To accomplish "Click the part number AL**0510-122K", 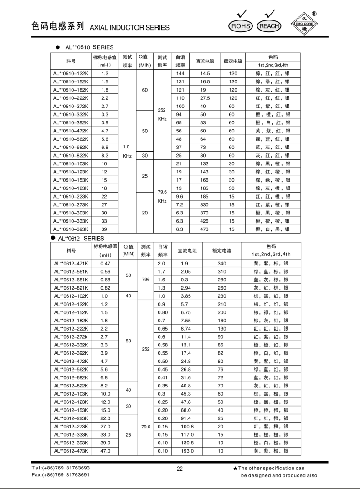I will coord(71,73).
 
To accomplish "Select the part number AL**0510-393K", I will coord(71,229).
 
